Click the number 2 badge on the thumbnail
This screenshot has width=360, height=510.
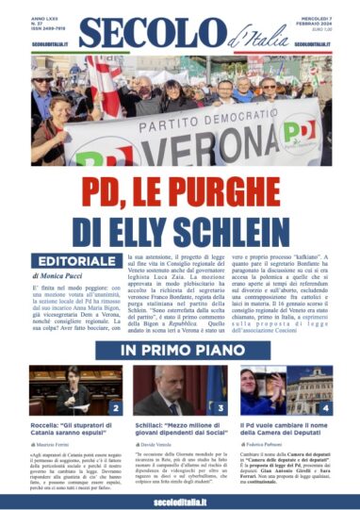click(115, 408)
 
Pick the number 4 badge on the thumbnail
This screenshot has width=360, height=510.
click(325, 408)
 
